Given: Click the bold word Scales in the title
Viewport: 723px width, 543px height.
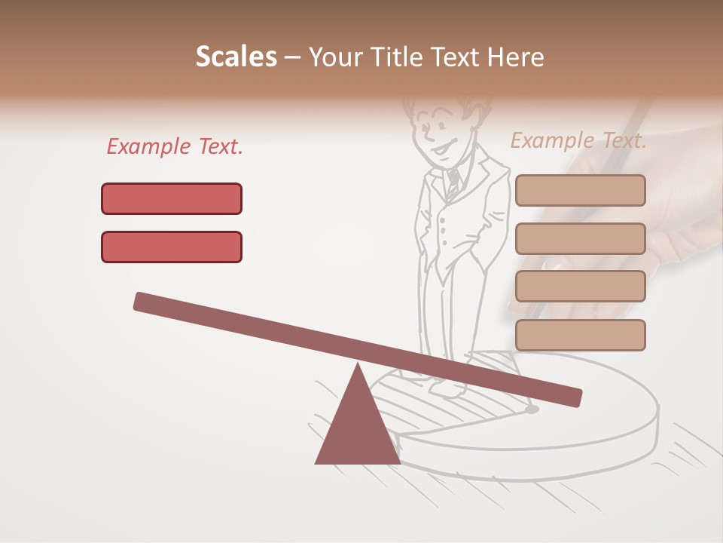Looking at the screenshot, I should tap(236, 57).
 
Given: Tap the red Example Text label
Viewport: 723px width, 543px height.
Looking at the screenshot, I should tap(175, 146).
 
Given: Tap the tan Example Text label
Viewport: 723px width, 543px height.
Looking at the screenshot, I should tap(578, 140).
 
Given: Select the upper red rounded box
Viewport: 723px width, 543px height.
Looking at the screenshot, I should tap(172, 198).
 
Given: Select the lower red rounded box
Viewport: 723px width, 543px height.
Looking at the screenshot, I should tap(172, 247).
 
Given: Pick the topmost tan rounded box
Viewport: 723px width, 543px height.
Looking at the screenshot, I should tap(580, 191).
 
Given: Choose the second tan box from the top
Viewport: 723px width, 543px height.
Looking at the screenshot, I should tap(580, 238).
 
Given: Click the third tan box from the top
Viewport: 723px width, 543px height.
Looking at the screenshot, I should tap(580, 287).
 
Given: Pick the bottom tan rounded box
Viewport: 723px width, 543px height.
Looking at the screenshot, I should tap(580, 335).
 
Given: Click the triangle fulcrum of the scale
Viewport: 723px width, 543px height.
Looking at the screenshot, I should tap(357, 422).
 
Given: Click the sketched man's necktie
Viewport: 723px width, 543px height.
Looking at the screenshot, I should tap(453, 182).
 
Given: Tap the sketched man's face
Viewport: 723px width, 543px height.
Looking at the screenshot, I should tap(436, 136).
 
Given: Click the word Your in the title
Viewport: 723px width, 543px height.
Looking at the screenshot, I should tap(334, 57).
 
